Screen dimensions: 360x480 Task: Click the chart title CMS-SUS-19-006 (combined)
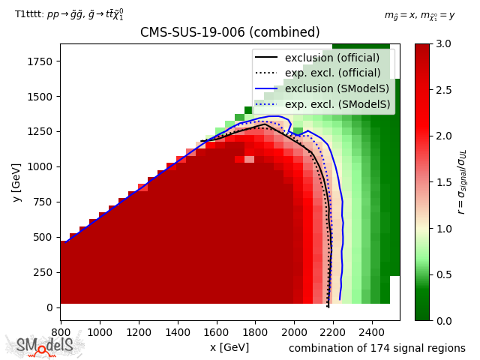click(x=229, y=33)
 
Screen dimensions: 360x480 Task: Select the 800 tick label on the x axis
click(x=61, y=331)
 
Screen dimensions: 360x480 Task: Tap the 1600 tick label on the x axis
click(x=216, y=331)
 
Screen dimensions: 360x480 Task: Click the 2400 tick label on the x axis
click(x=371, y=331)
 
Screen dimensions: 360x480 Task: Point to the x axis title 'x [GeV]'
click(x=229, y=347)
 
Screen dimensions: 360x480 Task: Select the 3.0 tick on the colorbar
click(x=443, y=43)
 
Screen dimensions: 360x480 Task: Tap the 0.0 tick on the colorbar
click(x=443, y=320)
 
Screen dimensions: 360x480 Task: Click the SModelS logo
click(x=45, y=345)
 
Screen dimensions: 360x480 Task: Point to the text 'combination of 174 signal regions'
click(x=376, y=348)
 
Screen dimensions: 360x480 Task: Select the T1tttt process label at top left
click(x=69, y=13)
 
